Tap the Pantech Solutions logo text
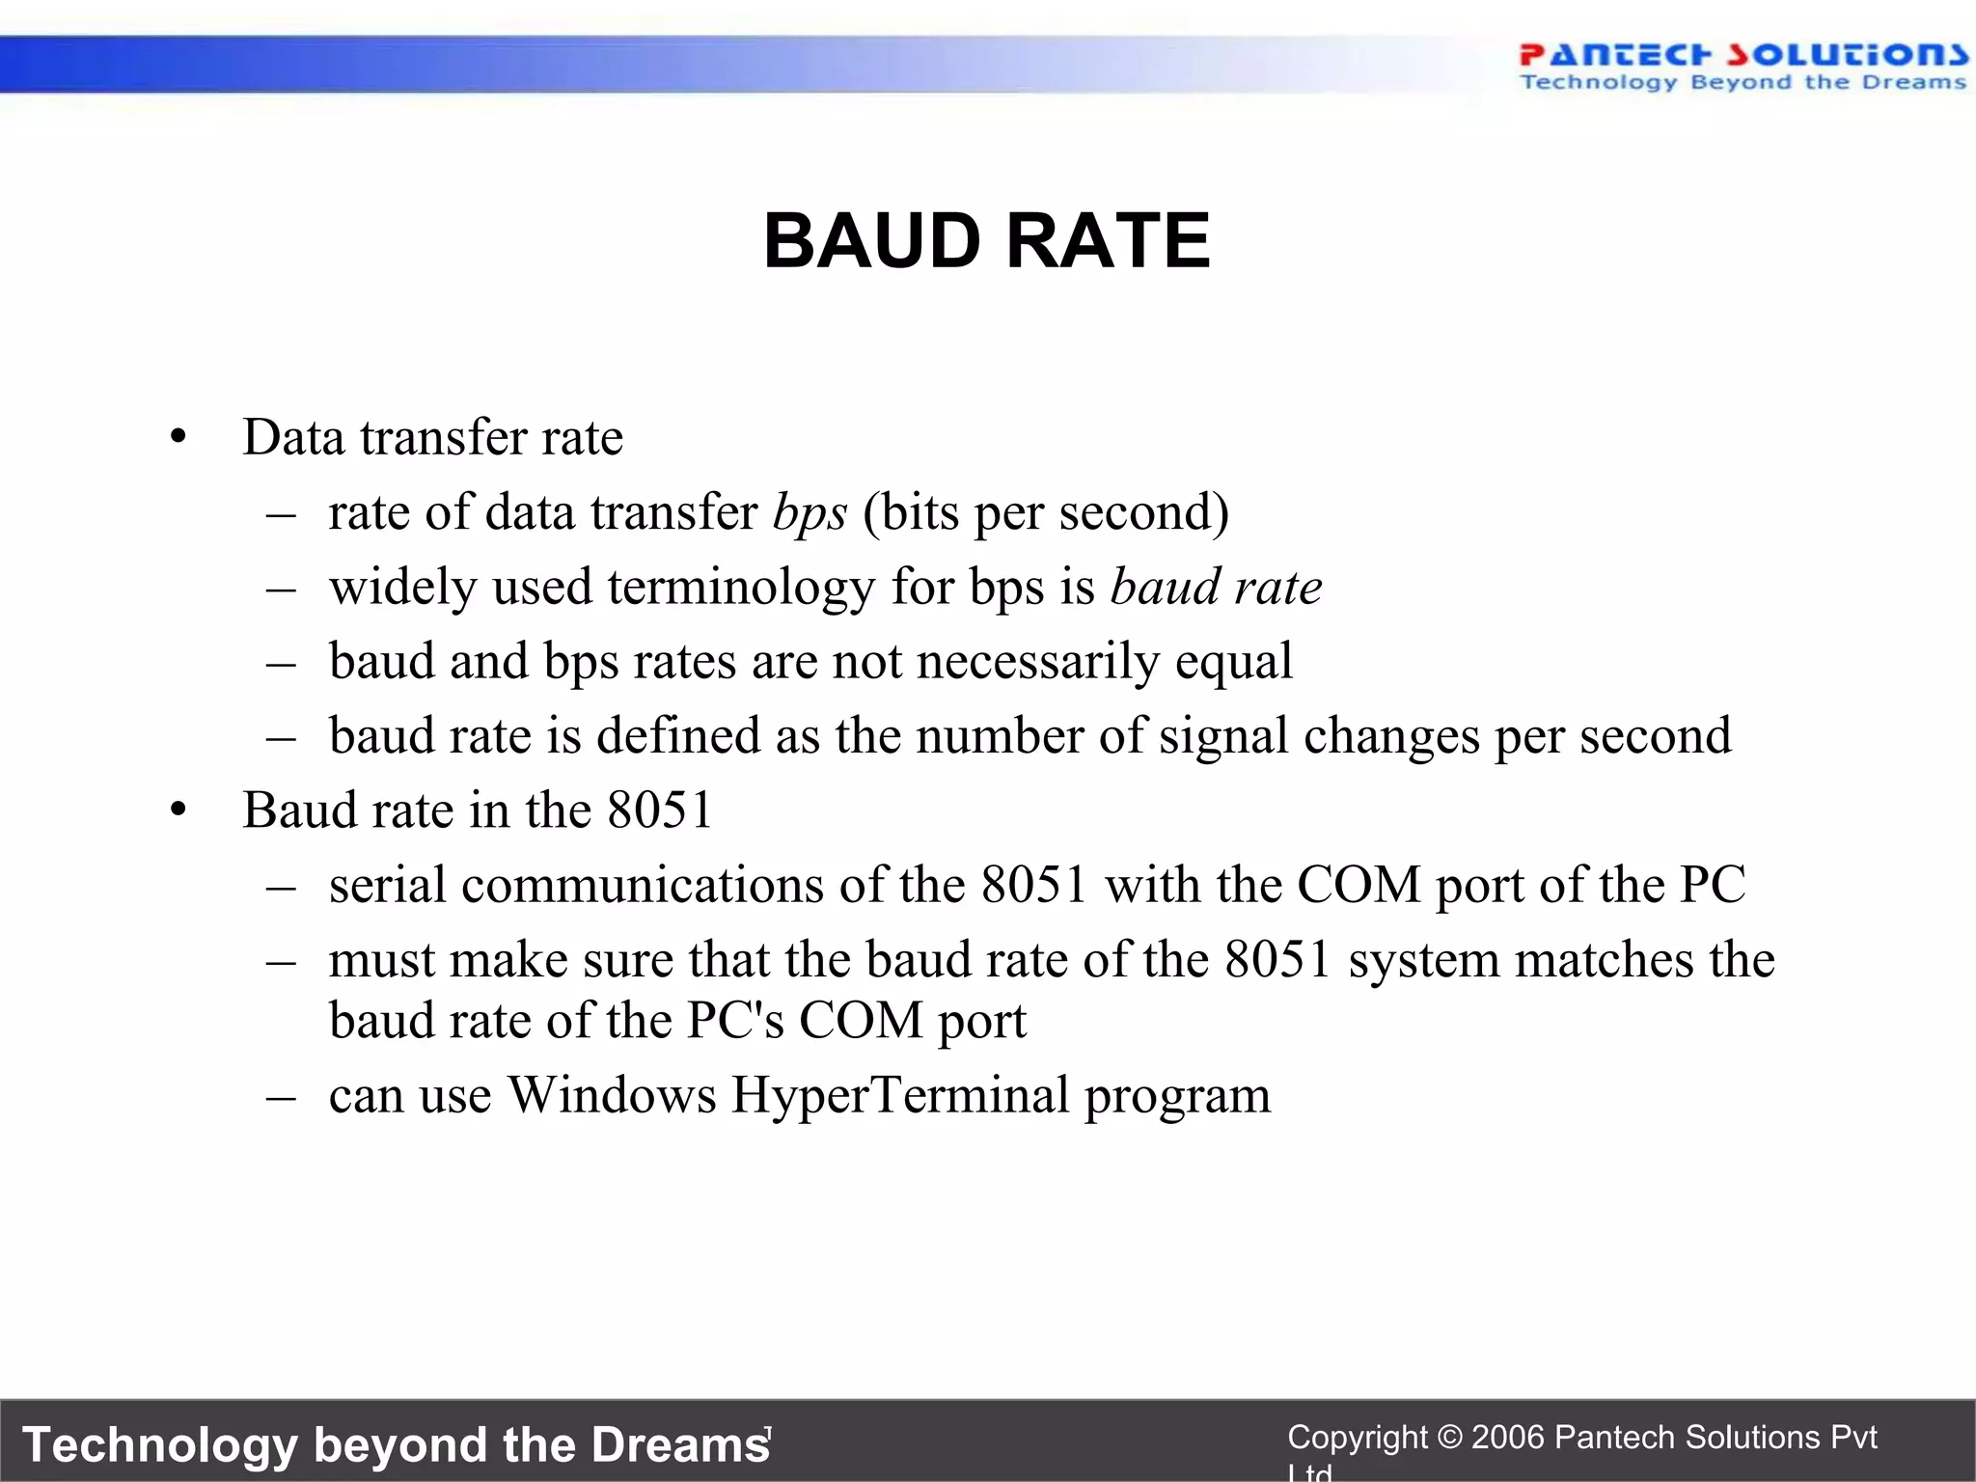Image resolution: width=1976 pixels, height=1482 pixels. click(1743, 55)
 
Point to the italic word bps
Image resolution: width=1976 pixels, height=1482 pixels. click(810, 513)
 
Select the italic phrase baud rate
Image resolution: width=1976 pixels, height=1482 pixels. click(1216, 588)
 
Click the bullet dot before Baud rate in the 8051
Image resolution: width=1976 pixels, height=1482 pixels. click(178, 811)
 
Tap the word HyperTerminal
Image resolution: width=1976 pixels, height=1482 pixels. click(900, 1095)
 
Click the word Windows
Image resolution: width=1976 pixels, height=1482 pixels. click(612, 1095)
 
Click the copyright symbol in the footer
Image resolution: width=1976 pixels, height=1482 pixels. click(1449, 1438)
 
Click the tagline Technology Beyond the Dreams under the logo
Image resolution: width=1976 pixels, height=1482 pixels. click(1743, 83)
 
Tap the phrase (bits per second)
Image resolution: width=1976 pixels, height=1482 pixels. click(1046, 513)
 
